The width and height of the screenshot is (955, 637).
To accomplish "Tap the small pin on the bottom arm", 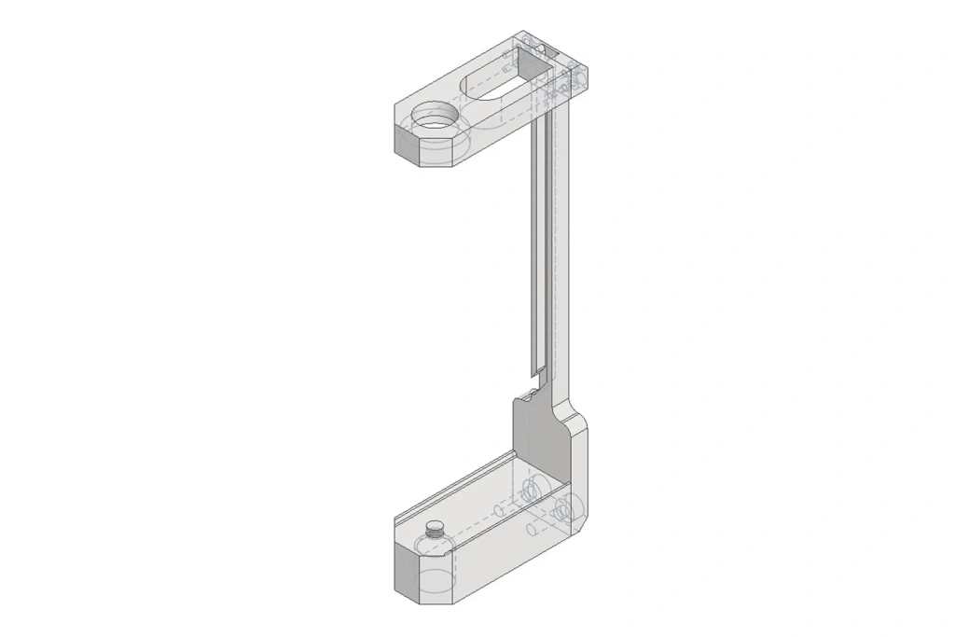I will point(433,531).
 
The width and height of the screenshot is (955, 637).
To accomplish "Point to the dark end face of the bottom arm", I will point(408,571).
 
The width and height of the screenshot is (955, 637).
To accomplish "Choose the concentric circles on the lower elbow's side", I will point(563,508).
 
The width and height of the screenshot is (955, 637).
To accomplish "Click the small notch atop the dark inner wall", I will point(528,395).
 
